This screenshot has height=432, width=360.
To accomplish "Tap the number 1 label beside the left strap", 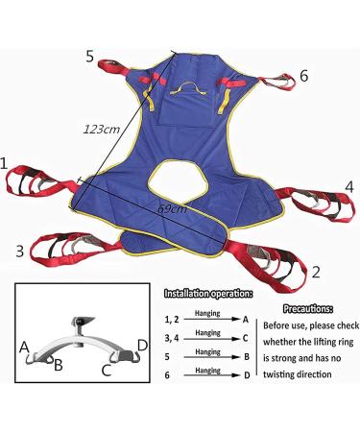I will pos(8,166).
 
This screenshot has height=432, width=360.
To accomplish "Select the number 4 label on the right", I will pos(349,185).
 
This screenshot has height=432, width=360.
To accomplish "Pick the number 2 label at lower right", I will pos(315,272).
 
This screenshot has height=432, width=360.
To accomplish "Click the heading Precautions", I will pos(310,310).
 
